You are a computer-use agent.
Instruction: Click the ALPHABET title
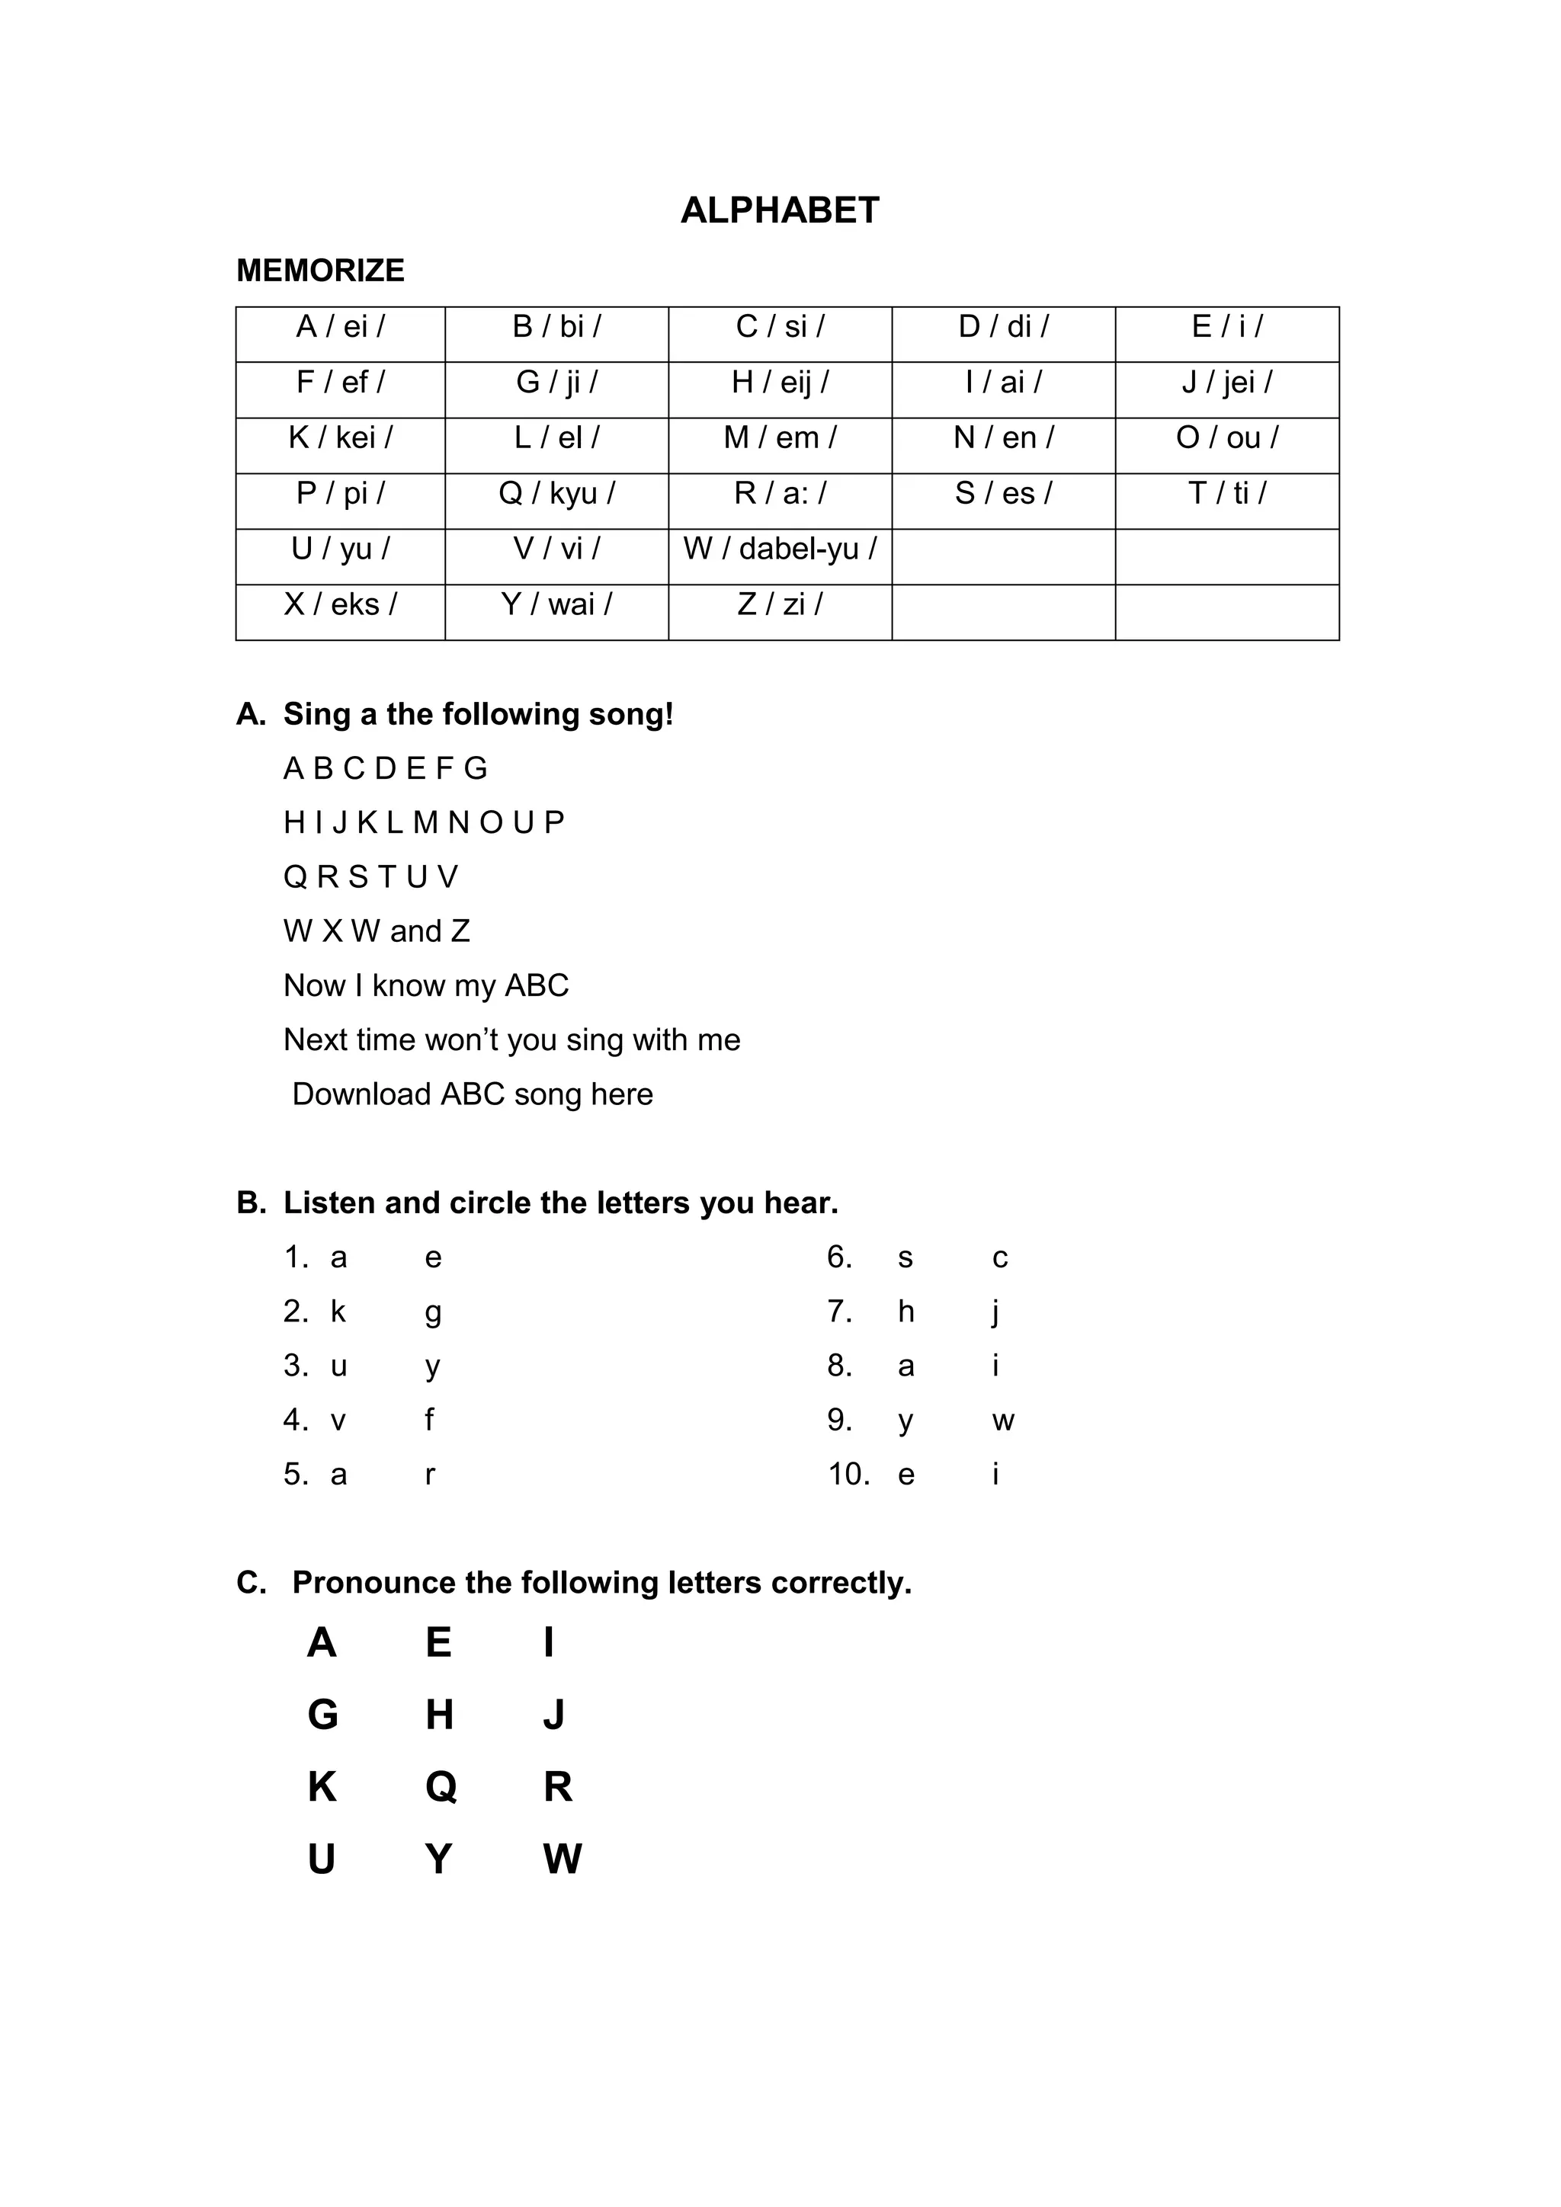[x=780, y=210]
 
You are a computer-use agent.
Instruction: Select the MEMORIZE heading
[x=320, y=271]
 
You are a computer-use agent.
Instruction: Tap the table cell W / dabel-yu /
[x=780, y=549]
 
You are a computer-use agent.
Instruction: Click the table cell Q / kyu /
[x=556, y=493]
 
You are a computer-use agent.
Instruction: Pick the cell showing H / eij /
[x=780, y=383]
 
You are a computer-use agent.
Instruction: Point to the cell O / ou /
[x=1226, y=438]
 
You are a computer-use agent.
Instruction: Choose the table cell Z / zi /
[x=780, y=604]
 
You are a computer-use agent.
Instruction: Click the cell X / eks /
[x=340, y=604]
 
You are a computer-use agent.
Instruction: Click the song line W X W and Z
[x=377, y=931]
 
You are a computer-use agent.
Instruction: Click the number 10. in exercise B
[x=849, y=1475]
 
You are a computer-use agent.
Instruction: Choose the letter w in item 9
[x=1004, y=1421]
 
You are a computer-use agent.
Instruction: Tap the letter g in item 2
[x=434, y=1313]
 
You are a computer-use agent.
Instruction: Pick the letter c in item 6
[x=1001, y=1258]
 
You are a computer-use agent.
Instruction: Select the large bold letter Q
[x=441, y=1787]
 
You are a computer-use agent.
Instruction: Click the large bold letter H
[x=439, y=1715]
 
